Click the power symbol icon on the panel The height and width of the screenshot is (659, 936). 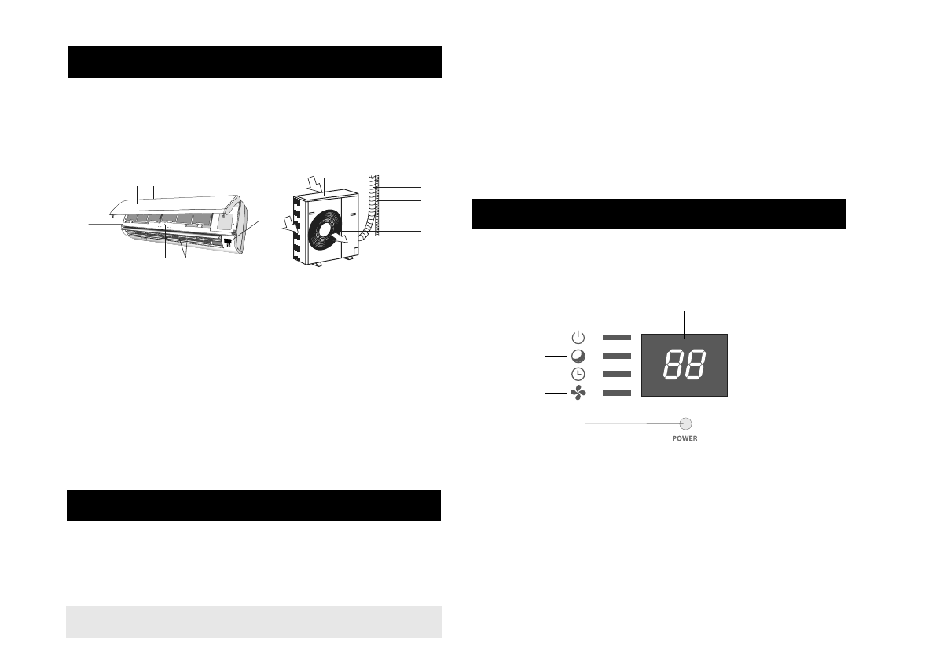click(x=578, y=338)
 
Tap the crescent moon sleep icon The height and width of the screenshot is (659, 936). click(x=578, y=356)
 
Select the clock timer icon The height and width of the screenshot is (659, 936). click(x=578, y=374)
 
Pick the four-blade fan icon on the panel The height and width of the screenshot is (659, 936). click(x=578, y=393)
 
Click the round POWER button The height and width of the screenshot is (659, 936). click(x=686, y=423)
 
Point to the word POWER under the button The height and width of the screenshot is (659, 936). click(x=685, y=438)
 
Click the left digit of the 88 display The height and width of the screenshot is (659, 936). click(x=674, y=364)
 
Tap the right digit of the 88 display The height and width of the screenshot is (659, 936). click(x=696, y=364)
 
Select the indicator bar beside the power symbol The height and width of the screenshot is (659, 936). click(x=617, y=338)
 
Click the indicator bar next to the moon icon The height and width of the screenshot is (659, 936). click(x=617, y=356)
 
